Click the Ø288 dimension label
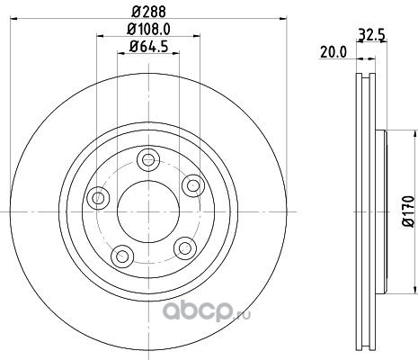coord(148,12)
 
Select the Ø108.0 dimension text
coord(148,30)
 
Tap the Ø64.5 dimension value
coord(148,47)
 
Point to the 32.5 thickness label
coord(371,35)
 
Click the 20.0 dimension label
coord(334,52)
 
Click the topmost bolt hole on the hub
coord(148,159)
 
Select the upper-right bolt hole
coord(193,185)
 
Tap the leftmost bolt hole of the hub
coord(98,198)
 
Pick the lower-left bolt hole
coord(121,256)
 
